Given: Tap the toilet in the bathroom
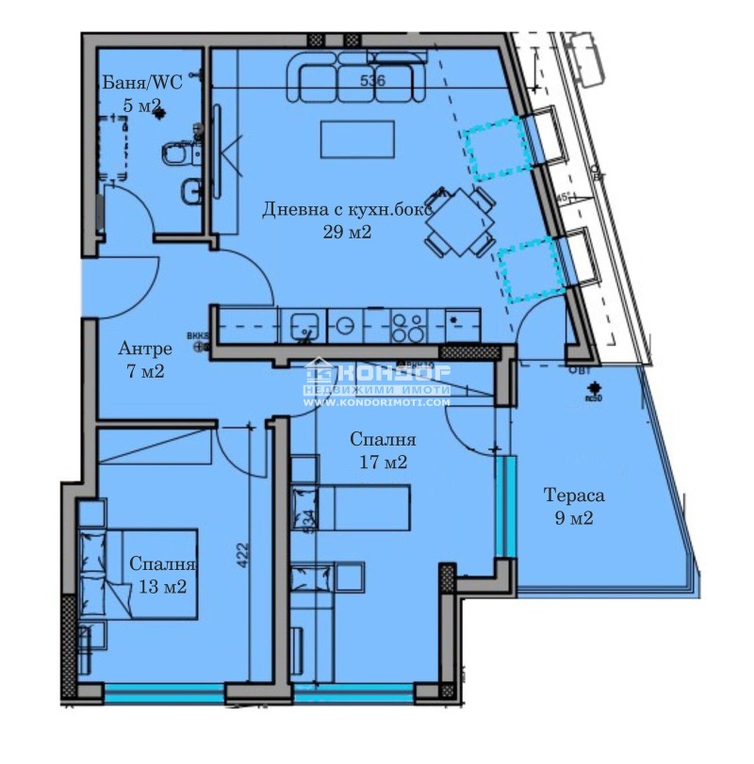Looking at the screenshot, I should pyautogui.click(x=179, y=152).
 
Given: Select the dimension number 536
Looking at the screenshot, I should pyautogui.click(x=373, y=81).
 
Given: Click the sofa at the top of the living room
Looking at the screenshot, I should pyautogui.click(x=356, y=77).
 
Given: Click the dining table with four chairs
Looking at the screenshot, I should pyautogui.click(x=460, y=222).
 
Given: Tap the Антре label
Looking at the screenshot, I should pyautogui.click(x=145, y=349).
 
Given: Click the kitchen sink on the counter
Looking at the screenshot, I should pyautogui.click(x=304, y=326).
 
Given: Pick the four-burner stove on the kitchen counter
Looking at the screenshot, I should pyautogui.click(x=407, y=326).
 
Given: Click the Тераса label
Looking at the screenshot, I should pyautogui.click(x=573, y=496).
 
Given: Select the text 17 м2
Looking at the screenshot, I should pyautogui.click(x=383, y=462).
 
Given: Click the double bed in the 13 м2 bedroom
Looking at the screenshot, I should pyautogui.click(x=141, y=575).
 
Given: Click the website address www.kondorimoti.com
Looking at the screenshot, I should pyautogui.click(x=376, y=402).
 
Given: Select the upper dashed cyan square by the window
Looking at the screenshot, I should pyautogui.click(x=497, y=148).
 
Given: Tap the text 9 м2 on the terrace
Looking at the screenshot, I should pyautogui.click(x=573, y=517).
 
